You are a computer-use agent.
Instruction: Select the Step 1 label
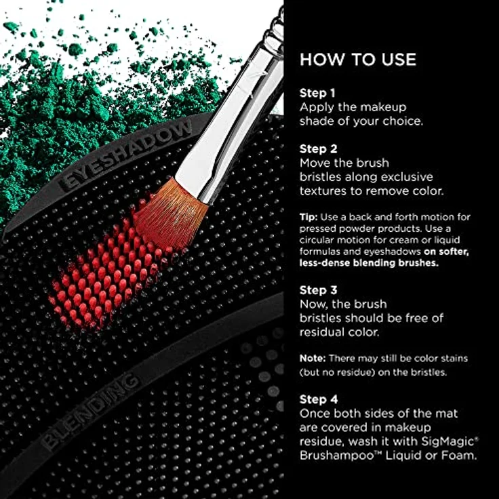[x=317, y=93]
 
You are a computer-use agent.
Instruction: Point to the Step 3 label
[x=318, y=290]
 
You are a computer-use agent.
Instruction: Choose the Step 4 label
[x=318, y=399]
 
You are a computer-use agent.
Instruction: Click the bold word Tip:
[x=309, y=217]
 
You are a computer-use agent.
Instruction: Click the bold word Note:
[x=313, y=357]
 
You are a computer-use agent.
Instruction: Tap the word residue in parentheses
[x=361, y=372]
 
